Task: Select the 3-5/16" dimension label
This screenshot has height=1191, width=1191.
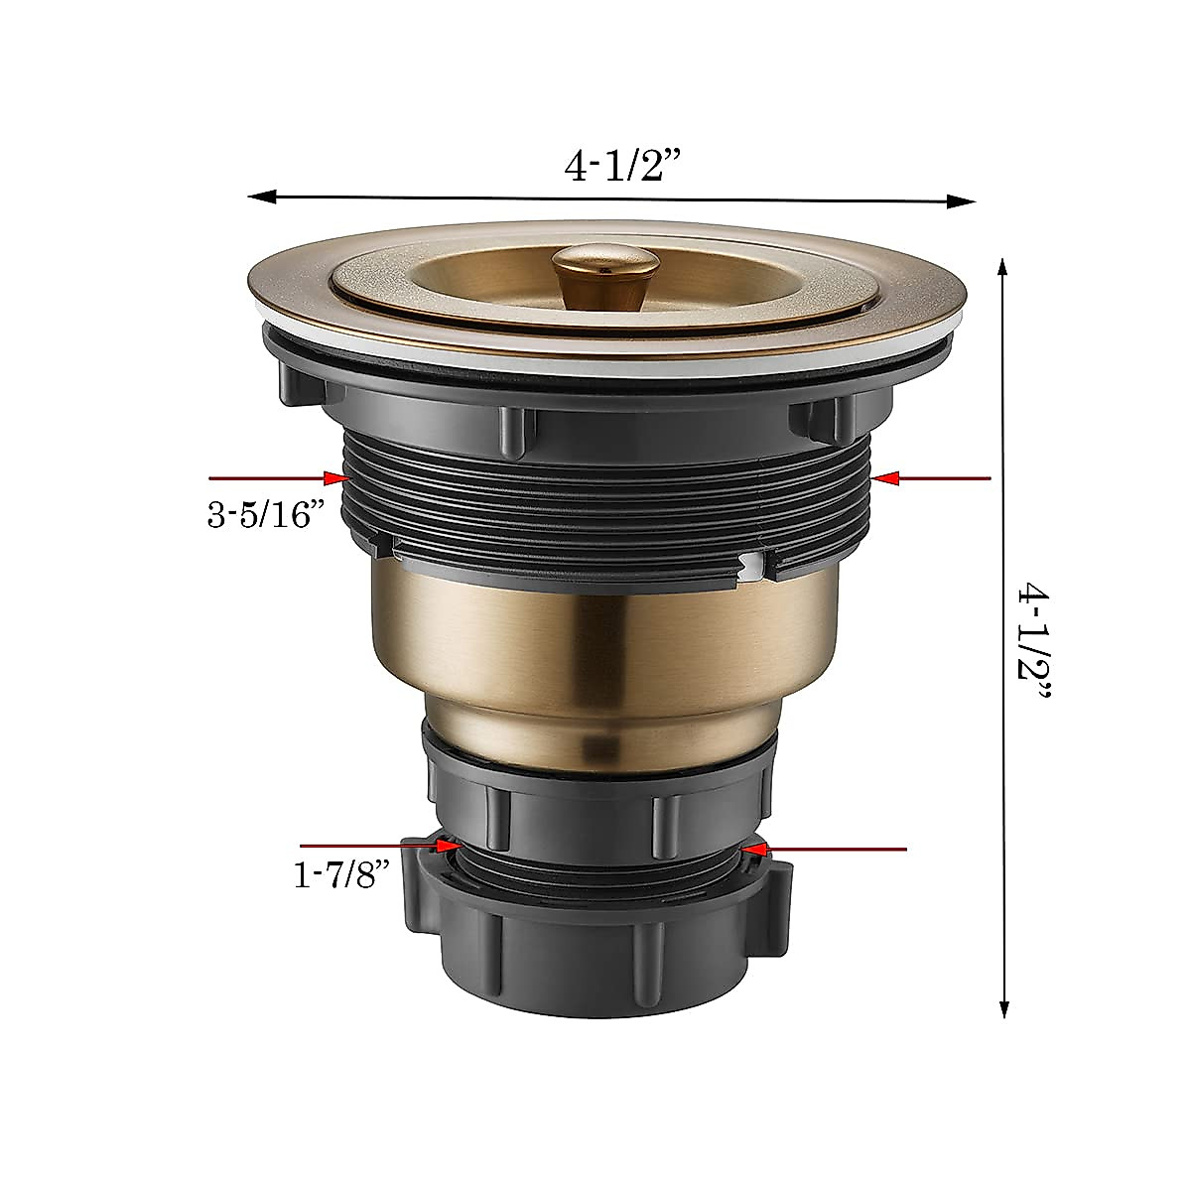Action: [266, 515]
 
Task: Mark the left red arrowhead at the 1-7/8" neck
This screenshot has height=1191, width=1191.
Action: [448, 846]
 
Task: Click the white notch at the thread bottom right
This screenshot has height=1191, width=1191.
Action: [758, 565]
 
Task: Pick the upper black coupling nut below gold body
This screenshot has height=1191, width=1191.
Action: [595, 784]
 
